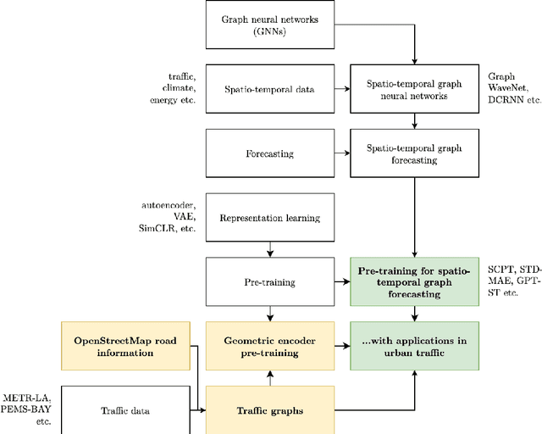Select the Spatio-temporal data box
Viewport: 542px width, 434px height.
pyautogui.click(x=270, y=88)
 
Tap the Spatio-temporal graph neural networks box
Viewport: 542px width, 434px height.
pyautogui.click(x=414, y=88)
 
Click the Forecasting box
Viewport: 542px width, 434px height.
pyautogui.click(x=270, y=153)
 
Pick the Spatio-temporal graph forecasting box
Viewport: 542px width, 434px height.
pyautogui.click(x=414, y=153)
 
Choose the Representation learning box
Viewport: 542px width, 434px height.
pyautogui.click(x=270, y=218)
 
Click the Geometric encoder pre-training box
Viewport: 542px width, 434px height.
pyautogui.click(x=270, y=345)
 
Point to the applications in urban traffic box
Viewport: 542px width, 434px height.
pyautogui.click(x=414, y=345)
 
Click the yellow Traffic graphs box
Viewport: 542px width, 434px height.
pyautogui.click(x=270, y=410)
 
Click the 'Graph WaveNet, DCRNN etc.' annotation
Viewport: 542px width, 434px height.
pyautogui.click(x=513, y=87)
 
